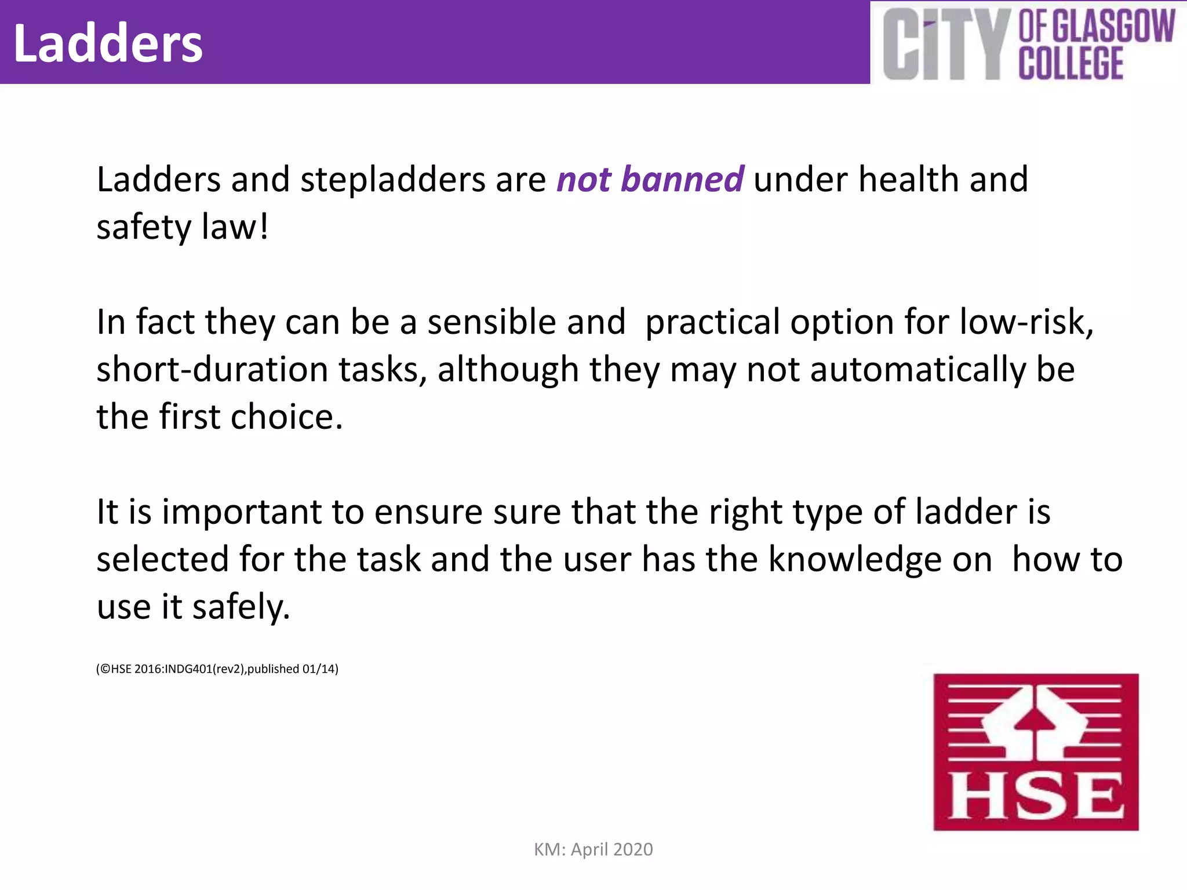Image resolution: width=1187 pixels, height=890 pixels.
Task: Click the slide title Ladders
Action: coord(108,44)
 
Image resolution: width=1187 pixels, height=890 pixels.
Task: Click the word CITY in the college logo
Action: coord(944,45)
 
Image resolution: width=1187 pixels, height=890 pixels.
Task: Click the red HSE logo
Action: coord(1036,752)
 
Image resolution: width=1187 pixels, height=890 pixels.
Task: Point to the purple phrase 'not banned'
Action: coord(650,179)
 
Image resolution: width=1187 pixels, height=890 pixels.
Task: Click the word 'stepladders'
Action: coord(392,179)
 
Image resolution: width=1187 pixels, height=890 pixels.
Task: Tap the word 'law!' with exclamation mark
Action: coord(235,227)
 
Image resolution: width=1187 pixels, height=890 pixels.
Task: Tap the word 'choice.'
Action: coord(287,417)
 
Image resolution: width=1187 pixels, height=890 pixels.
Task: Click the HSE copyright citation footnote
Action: coord(217,669)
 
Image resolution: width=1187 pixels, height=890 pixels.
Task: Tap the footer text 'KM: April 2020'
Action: coord(593,849)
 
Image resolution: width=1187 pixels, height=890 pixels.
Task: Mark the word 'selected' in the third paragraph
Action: coord(162,559)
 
